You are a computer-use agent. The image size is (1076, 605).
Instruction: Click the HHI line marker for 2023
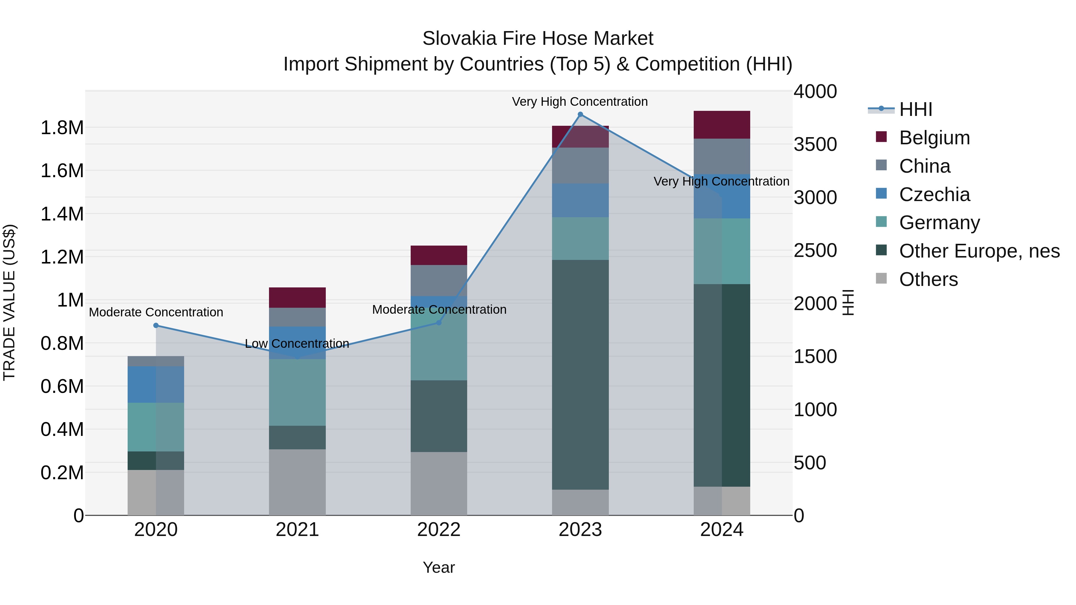tap(580, 114)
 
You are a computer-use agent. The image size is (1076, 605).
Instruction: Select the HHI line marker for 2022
tap(438, 322)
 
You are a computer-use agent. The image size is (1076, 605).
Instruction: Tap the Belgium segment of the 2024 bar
tap(722, 125)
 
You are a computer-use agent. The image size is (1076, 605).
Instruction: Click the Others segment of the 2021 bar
tap(297, 482)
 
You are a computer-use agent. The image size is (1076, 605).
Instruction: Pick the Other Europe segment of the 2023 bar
tap(580, 375)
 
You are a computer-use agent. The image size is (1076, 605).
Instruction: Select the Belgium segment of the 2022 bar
tap(438, 255)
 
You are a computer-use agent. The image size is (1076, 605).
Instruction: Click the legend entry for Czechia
tap(934, 194)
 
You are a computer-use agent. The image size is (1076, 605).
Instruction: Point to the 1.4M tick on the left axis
tap(62, 214)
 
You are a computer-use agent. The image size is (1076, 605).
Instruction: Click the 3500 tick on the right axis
tap(815, 145)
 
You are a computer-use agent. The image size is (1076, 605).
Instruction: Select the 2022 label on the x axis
tap(438, 530)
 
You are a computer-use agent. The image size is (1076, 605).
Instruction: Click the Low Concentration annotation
tap(297, 344)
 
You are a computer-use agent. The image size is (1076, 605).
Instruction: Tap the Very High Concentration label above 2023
tap(580, 102)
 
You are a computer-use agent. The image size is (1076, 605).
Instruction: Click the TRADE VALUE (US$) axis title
tap(9, 302)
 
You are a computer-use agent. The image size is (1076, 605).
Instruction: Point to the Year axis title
tap(438, 567)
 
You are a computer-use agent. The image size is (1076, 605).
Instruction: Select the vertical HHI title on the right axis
tap(848, 302)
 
